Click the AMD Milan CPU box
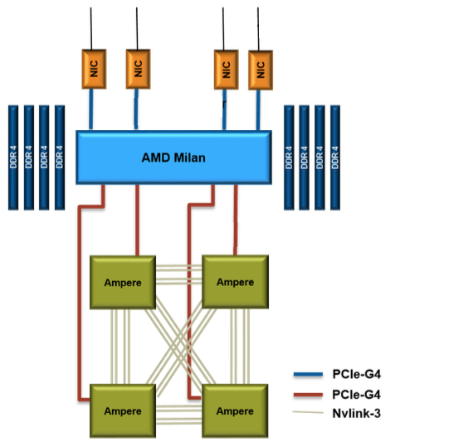pos(173,158)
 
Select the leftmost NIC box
pos(92,68)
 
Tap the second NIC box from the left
pos(138,68)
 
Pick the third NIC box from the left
pos(224,70)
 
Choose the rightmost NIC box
pos(261,70)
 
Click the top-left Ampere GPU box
pos(123,282)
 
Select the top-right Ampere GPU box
pos(235,282)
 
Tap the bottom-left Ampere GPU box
pos(123,410)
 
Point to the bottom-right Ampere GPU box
pos(235,410)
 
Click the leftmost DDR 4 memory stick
pos(13,157)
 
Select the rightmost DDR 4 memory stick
pos(335,157)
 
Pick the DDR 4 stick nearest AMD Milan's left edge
pos(59,157)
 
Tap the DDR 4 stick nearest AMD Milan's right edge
pos(289,157)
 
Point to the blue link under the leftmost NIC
pos(91,109)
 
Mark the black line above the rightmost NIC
pos(260,29)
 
